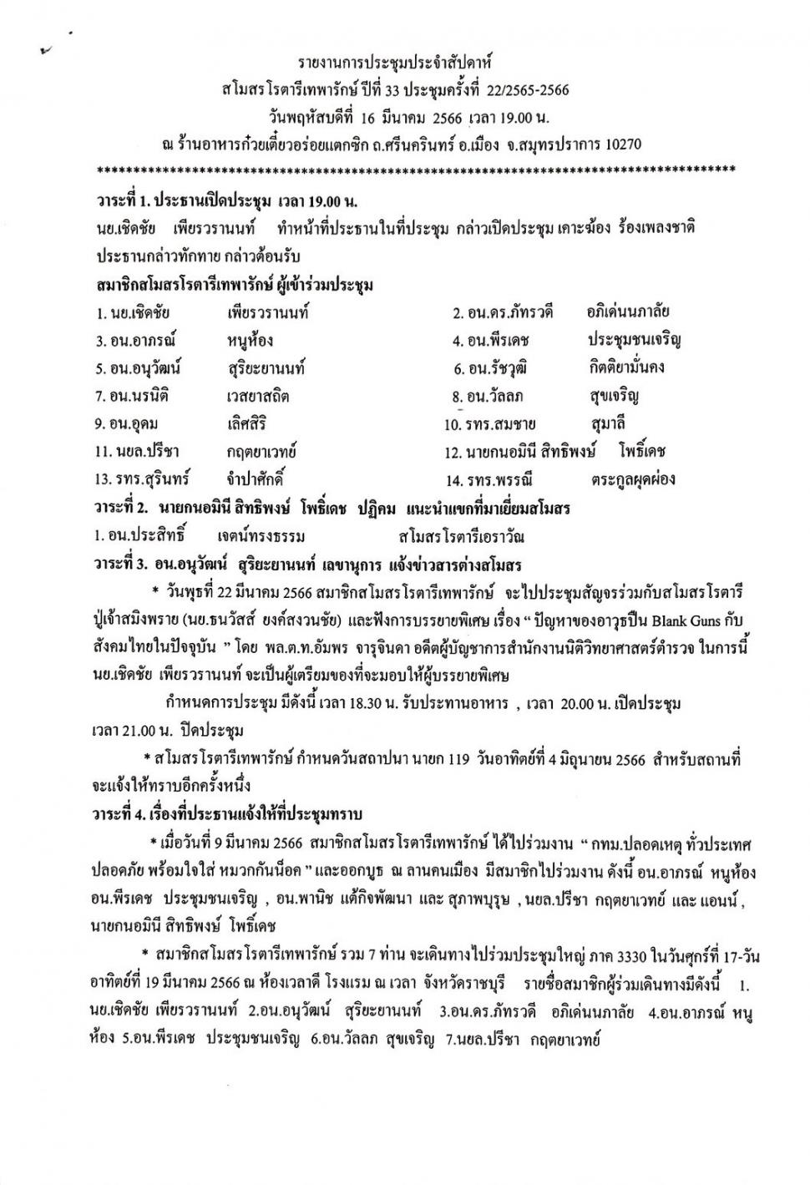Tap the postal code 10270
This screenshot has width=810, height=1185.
coord(620,144)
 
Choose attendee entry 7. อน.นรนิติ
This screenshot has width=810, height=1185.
coord(138,396)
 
